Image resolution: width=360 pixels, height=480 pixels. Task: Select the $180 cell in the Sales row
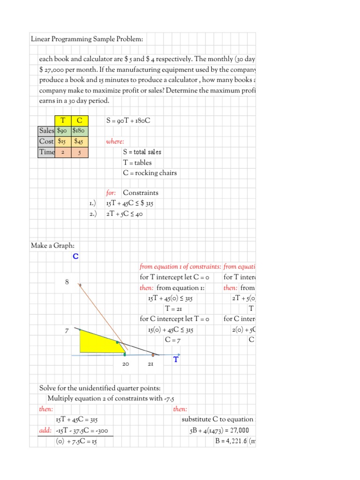(78, 131)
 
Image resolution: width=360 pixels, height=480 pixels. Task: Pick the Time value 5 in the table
(79, 152)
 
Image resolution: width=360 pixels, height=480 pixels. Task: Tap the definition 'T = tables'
(137, 162)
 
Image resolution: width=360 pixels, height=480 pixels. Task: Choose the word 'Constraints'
(141, 193)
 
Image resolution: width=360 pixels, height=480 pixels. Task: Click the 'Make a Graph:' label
(52, 245)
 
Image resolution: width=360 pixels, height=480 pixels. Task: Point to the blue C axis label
(75, 256)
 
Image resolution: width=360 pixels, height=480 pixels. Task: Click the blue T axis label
(176, 360)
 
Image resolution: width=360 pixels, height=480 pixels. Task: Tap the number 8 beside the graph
(67, 282)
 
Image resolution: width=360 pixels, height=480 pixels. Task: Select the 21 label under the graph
(151, 364)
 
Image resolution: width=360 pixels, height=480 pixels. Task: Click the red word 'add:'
(46, 430)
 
